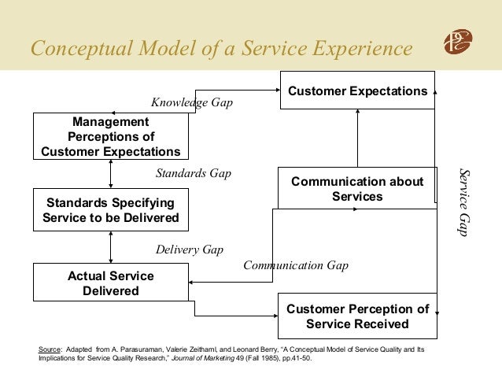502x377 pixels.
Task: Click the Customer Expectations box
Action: [x=357, y=91]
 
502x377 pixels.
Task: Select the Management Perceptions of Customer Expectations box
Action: [x=110, y=136]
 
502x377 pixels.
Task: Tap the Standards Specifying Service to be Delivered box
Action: [x=110, y=209]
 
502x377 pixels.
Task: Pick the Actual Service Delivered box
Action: [x=110, y=283]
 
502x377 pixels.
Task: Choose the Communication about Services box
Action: [x=356, y=189]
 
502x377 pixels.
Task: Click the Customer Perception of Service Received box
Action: [x=357, y=316]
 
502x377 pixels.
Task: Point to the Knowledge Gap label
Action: [x=191, y=103]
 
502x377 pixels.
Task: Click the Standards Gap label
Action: [x=193, y=172]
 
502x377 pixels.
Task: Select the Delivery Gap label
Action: [x=189, y=249]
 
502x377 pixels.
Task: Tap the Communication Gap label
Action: [x=295, y=265]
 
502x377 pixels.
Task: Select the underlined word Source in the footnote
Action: [x=50, y=348]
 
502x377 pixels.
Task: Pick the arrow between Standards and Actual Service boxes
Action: [x=111, y=247]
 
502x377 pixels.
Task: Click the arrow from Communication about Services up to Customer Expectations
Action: [x=356, y=138]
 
